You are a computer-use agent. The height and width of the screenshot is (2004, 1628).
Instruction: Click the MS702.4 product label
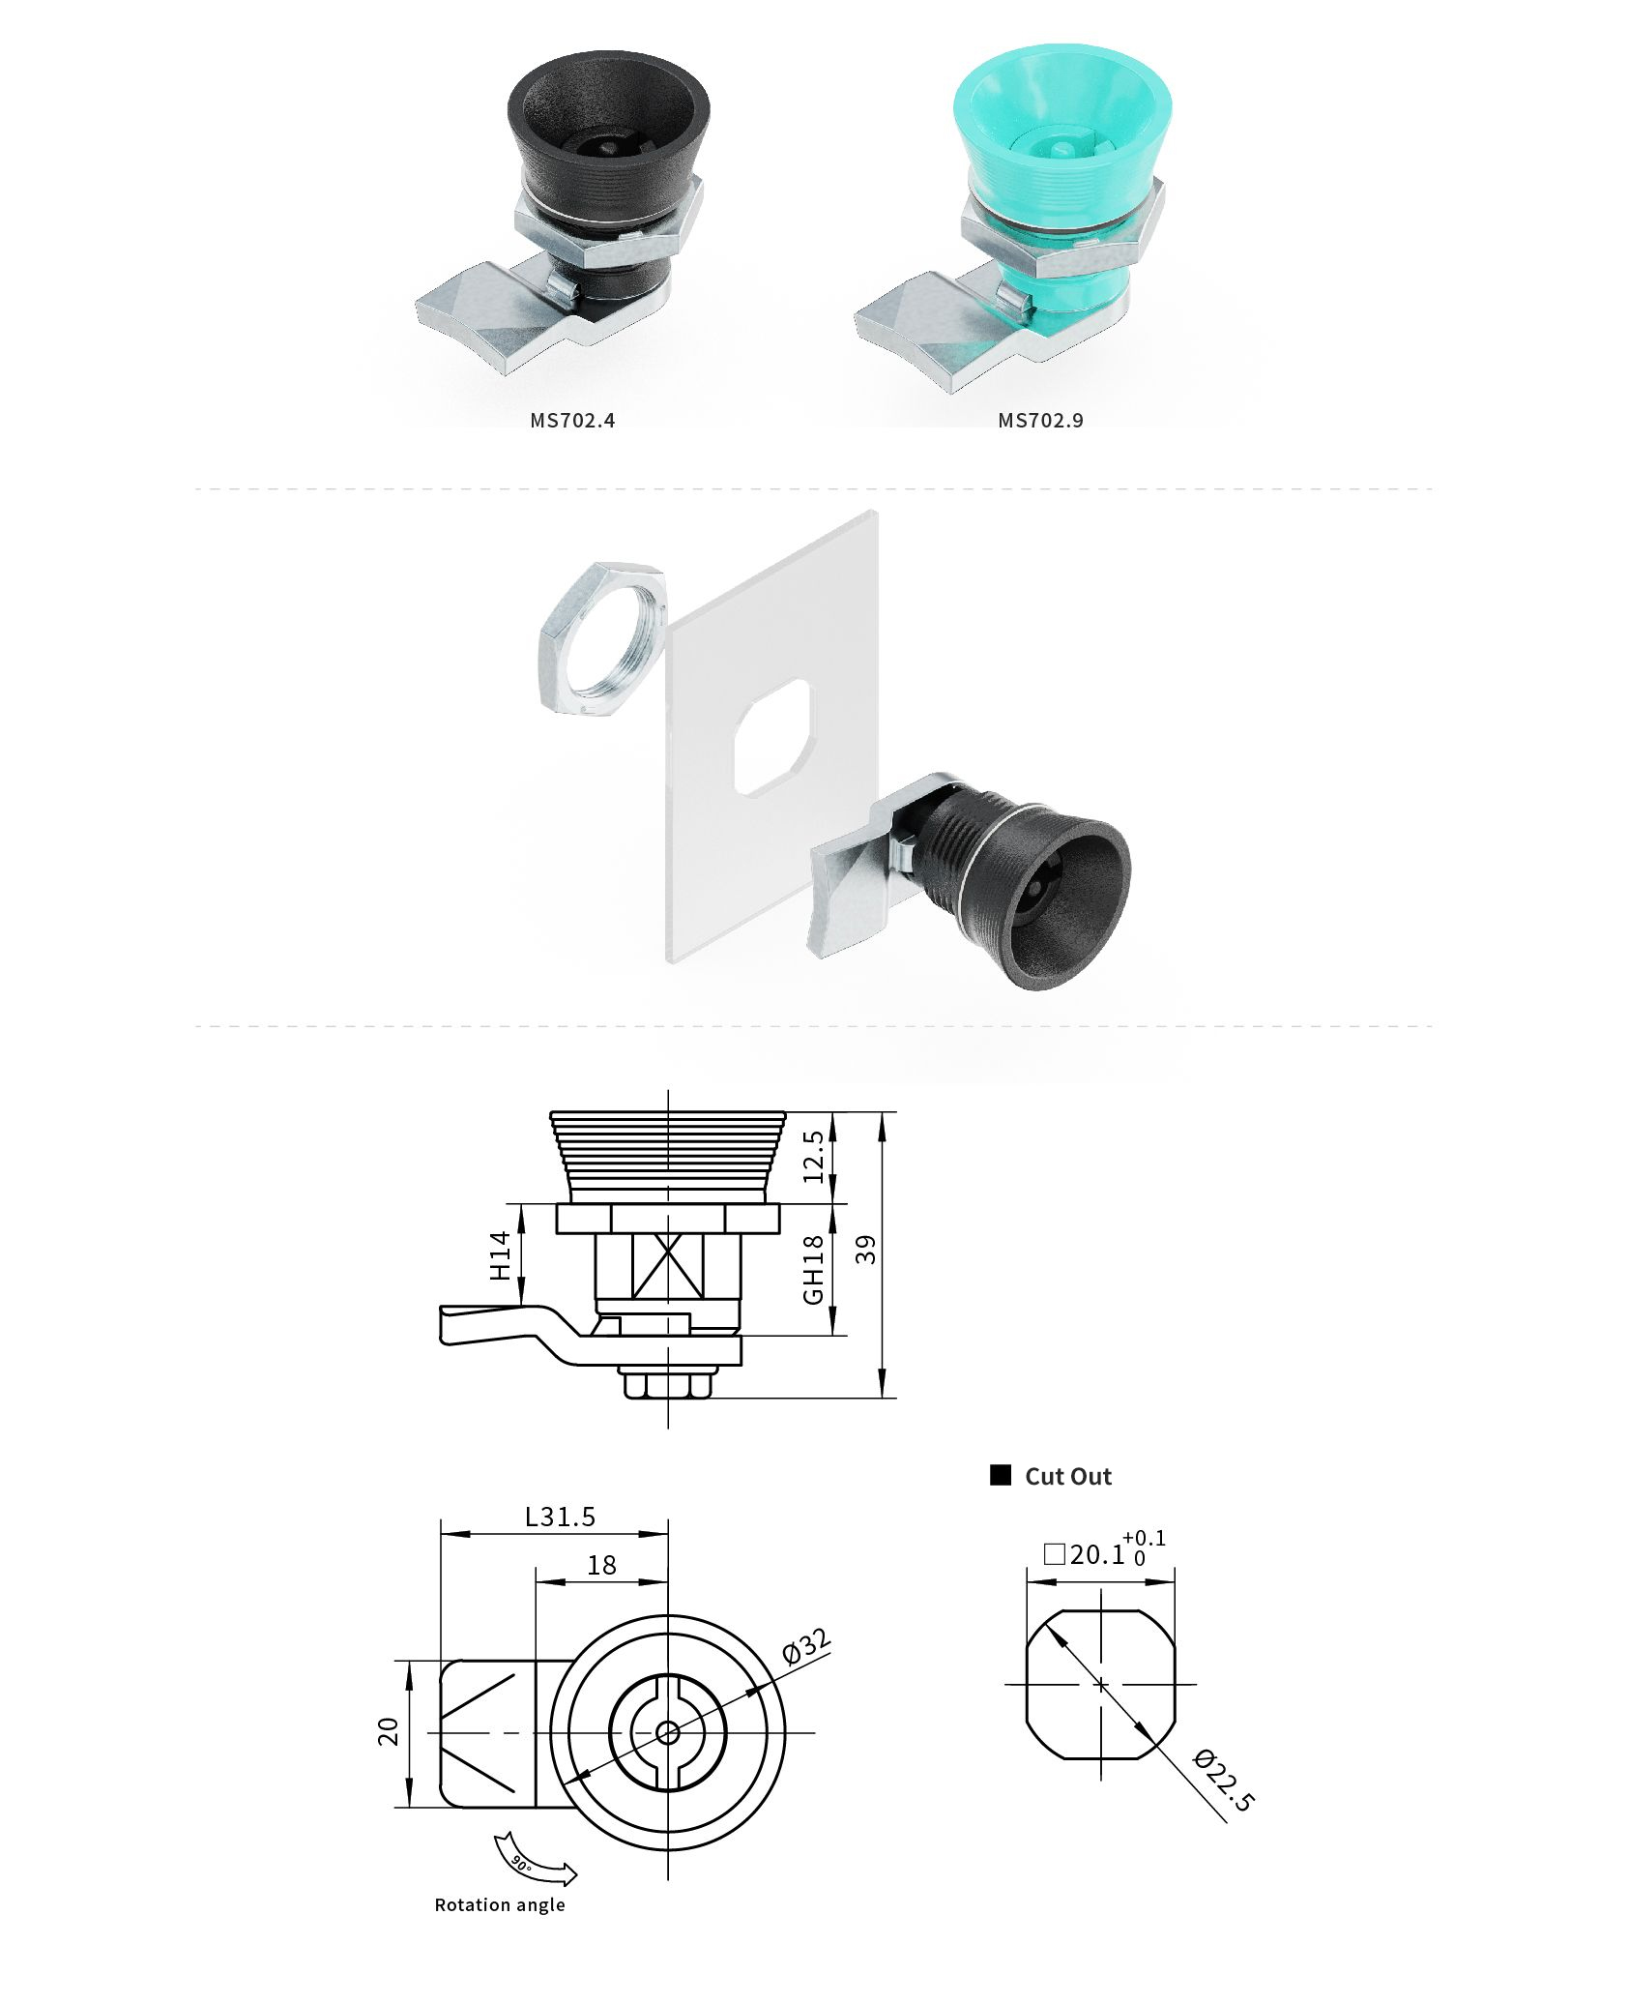572,420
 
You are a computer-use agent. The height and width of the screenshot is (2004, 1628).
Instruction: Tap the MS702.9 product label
1040,420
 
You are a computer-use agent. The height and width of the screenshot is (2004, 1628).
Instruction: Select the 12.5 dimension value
813,1156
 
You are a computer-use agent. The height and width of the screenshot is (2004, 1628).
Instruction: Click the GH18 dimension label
813,1269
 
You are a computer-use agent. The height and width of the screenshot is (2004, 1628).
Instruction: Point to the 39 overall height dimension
866,1250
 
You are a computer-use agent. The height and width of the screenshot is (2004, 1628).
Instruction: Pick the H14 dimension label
499,1255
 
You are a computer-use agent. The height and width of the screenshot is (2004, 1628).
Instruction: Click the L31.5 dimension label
560,1517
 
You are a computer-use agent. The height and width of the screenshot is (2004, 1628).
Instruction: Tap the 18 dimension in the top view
601,1565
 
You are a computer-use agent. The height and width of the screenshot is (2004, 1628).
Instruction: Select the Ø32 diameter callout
804,1647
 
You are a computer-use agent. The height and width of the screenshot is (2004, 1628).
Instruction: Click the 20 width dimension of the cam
388,1731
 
